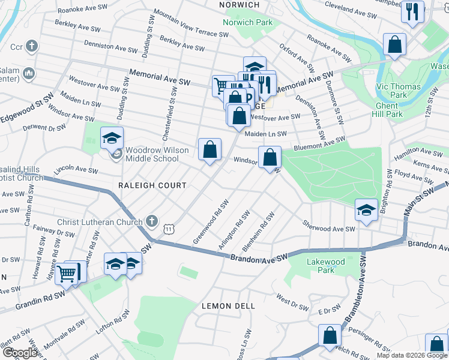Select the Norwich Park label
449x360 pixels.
pyautogui.click(x=247, y=23)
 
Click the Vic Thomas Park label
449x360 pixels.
pyautogui.click(x=398, y=91)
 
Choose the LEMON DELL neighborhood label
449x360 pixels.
pyautogui.click(x=228, y=306)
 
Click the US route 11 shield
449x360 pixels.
pyautogui.click(x=170, y=229)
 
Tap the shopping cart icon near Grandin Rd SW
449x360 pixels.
pyautogui.click(x=68, y=273)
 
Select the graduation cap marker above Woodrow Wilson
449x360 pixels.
pyautogui.click(x=112, y=138)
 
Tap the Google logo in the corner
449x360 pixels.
pyautogui.click(x=20, y=353)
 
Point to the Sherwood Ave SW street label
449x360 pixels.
pyautogui.click(x=328, y=229)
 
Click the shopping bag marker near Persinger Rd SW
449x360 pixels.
pyautogui.click(x=330, y=336)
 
